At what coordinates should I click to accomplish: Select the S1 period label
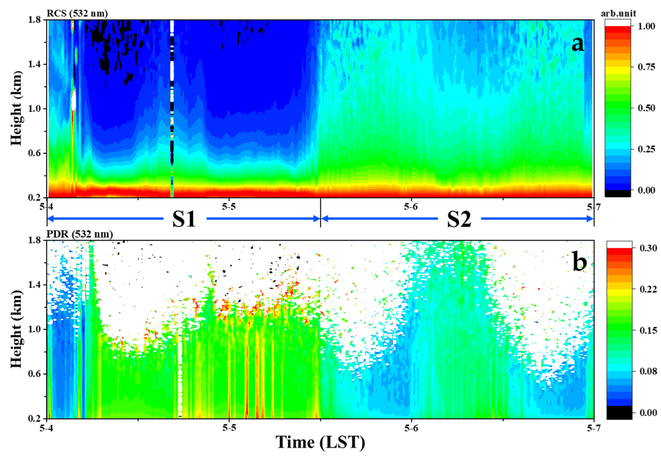[184, 219]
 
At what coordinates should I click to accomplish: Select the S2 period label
[459, 219]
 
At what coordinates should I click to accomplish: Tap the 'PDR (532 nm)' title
[80, 234]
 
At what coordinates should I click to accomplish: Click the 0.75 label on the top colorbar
[646, 67]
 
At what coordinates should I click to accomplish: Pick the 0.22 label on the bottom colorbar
[648, 289]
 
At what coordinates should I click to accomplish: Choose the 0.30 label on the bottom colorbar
[648, 248]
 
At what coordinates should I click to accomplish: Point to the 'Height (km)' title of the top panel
[16, 109]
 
